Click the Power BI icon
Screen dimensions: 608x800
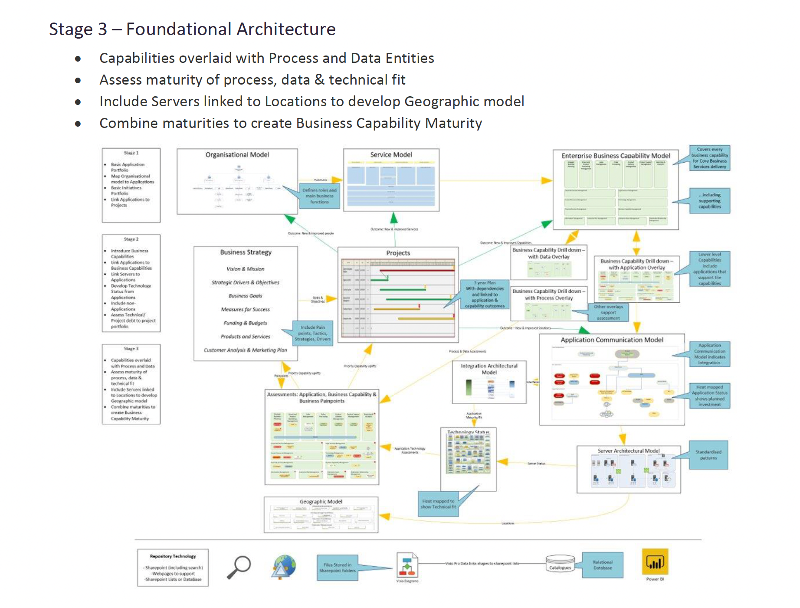pos(655,562)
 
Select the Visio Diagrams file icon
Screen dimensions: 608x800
pos(407,565)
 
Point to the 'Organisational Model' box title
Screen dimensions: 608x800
pos(237,155)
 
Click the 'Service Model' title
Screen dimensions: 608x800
pos(391,155)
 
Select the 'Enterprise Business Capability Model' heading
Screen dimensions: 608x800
pos(615,156)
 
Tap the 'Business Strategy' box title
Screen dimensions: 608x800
pos(246,252)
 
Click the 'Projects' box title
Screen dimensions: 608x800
pos(398,253)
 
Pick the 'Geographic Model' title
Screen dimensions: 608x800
pos(321,502)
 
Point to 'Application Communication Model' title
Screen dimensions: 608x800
pos(612,340)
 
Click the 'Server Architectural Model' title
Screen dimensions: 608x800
pos(628,451)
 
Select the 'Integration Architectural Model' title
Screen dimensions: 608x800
pos(489,369)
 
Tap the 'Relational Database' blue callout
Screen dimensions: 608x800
pos(603,565)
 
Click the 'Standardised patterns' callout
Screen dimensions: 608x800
pos(708,455)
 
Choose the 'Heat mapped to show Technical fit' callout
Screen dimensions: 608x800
pos(438,504)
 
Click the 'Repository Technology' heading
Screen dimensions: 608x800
pos(173,556)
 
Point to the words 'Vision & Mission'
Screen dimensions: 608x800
pos(245,269)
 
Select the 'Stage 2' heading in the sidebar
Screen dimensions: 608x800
pos(131,239)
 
